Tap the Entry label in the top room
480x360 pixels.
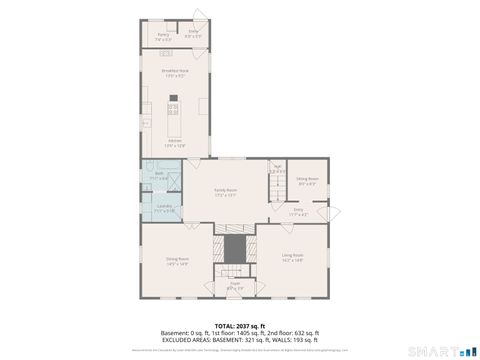[x=193, y=33]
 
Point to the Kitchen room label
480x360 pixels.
[x=175, y=143]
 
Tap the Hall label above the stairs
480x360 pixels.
[x=278, y=169]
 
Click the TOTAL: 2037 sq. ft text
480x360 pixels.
[x=236, y=325]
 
